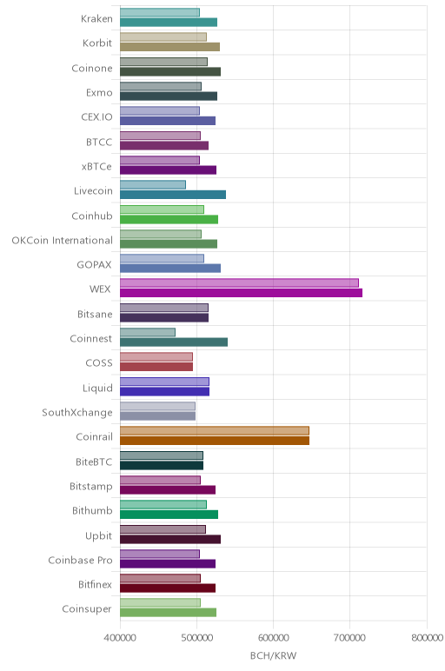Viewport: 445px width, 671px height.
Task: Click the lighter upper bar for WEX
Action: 239,282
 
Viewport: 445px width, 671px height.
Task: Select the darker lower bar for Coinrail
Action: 215,441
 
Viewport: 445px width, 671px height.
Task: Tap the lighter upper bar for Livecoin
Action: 153,185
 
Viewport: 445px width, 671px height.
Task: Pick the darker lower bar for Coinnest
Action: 174,342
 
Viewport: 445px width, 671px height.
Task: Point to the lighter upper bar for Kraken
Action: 160,12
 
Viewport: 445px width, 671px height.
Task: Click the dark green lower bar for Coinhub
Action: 169,220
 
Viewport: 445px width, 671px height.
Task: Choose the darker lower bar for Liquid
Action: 165,391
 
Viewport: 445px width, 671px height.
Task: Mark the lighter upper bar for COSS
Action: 156,357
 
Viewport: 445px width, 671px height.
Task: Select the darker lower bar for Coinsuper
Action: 168,613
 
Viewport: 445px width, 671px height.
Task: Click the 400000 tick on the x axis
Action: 120,638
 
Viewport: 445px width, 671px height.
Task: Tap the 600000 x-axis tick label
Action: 274,638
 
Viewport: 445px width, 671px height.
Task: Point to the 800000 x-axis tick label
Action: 427,638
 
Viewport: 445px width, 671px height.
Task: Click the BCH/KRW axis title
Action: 274,655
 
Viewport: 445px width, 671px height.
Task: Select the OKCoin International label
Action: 62,241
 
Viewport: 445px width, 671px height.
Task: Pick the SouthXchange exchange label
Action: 77,413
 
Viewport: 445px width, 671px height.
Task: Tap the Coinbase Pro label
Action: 81,560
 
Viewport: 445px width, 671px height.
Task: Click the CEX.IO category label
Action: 97,117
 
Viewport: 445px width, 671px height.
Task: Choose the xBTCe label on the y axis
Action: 96,167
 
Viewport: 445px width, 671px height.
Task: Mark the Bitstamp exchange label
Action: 91,487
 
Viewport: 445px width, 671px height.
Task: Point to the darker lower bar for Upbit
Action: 170,539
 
